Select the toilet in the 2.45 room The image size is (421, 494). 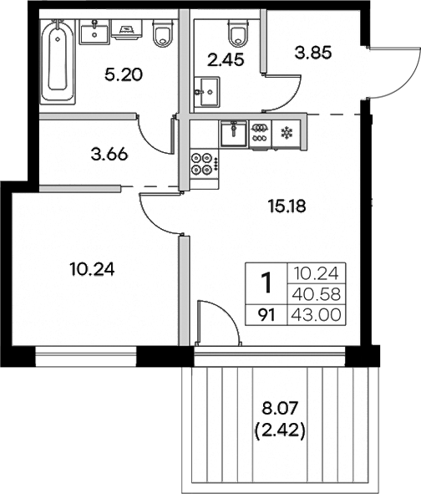(x=238, y=34)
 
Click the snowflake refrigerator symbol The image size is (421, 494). (x=286, y=131)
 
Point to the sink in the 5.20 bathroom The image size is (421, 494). (x=94, y=33)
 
